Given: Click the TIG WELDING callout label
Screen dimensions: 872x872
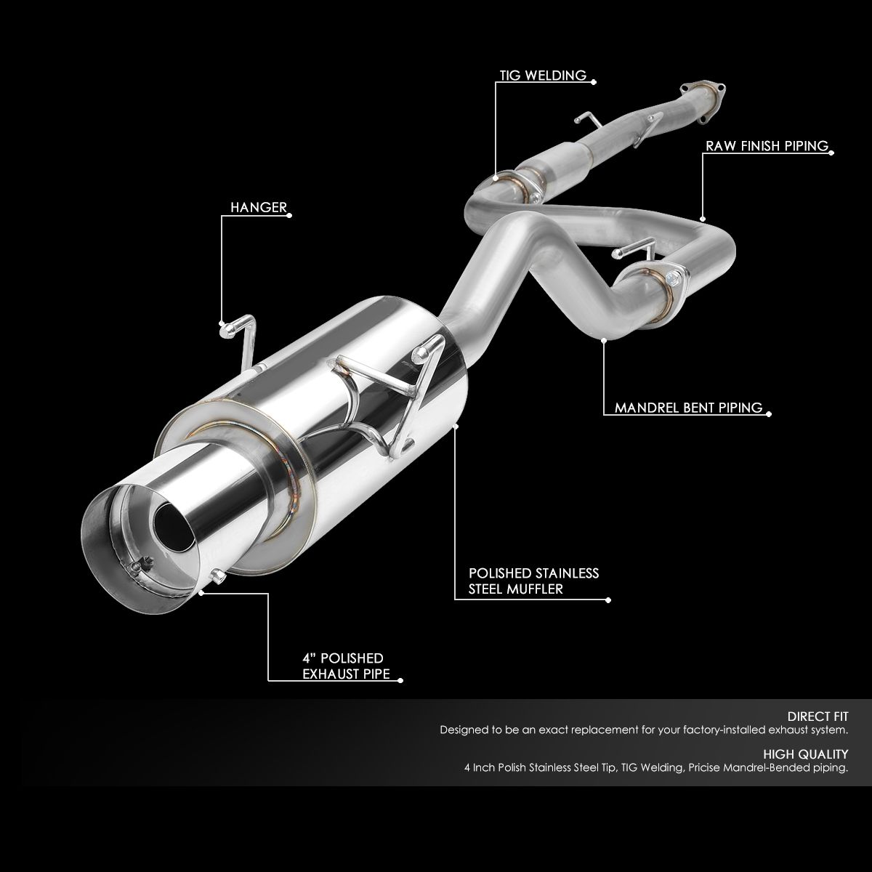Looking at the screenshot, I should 543,75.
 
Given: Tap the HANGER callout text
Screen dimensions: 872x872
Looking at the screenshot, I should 258,207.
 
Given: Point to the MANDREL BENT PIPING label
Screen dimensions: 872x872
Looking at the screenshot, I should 688,408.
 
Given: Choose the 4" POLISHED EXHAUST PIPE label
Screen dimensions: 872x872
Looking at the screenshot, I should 343,666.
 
